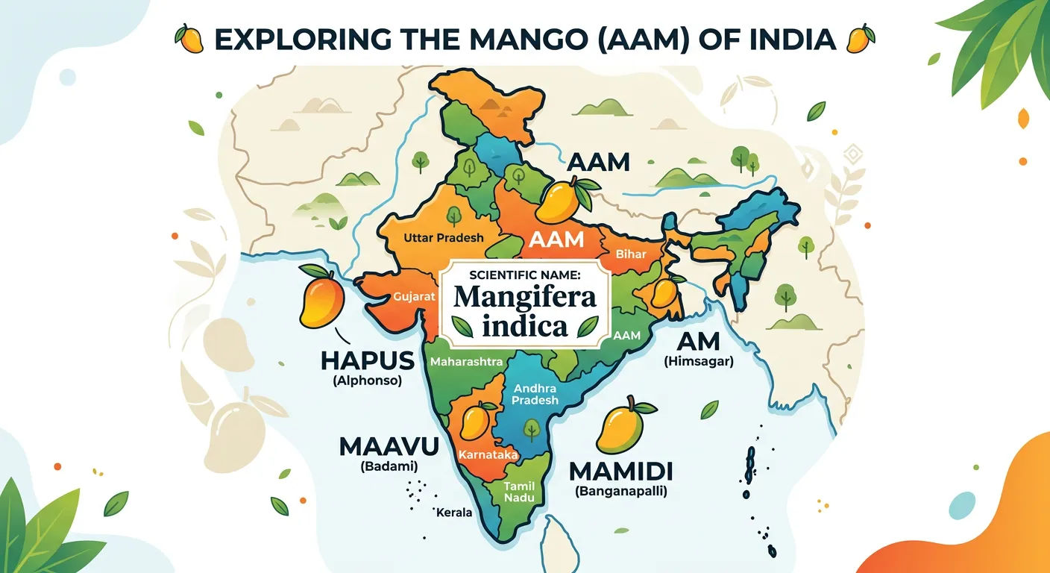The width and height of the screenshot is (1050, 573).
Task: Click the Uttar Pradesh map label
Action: pos(443,238)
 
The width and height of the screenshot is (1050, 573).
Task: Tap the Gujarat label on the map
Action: pos(414,296)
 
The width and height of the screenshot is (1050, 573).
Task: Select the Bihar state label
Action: pos(631,254)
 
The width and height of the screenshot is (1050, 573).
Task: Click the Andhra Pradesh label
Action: pos(535,394)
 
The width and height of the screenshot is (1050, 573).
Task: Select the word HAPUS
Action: pos(367,361)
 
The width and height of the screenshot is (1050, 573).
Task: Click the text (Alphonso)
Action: pos(367,381)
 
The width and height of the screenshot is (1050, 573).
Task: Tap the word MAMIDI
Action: pos(620,472)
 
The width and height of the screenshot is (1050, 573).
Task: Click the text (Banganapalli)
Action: pos(620,492)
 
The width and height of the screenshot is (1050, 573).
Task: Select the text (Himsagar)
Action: pos(698,361)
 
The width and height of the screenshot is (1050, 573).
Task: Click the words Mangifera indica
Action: pos(526,312)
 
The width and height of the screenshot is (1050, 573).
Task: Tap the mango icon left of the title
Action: pos(189,38)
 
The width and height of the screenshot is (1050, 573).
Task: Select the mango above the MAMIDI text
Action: pos(621,427)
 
